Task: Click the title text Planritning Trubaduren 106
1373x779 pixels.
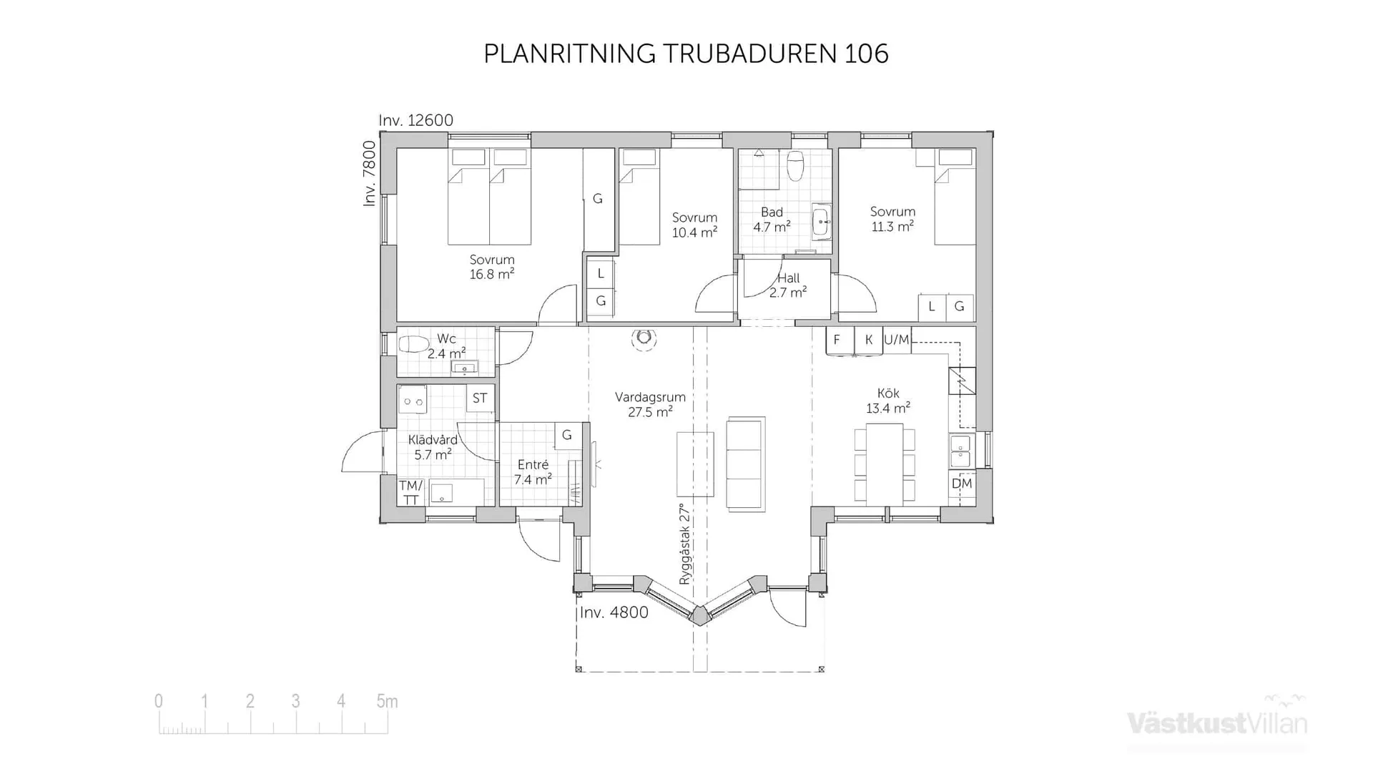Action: (x=686, y=54)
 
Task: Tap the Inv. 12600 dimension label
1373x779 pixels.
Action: (x=415, y=120)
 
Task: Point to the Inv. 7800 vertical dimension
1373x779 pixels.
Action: (x=369, y=173)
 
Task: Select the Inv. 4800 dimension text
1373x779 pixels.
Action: (x=614, y=612)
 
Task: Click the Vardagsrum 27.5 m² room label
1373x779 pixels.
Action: (x=650, y=404)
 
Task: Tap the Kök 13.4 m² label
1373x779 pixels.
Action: (x=888, y=401)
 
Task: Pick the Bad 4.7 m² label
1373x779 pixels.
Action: (x=772, y=219)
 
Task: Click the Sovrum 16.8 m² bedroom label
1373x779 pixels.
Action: (x=492, y=267)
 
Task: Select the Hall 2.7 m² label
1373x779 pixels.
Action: (x=788, y=285)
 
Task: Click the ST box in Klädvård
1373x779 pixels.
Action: (x=480, y=398)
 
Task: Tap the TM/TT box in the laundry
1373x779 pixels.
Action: (x=410, y=492)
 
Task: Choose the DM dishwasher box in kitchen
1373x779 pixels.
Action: (x=962, y=484)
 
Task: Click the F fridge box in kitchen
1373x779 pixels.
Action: (x=837, y=340)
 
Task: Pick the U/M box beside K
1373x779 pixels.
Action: (x=897, y=340)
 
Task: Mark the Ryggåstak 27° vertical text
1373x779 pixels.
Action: (x=685, y=544)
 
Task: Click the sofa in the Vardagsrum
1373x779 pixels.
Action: (x=745, y=464)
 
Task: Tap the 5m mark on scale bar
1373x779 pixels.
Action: (x=387, y=702)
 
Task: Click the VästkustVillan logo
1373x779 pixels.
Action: (x=1217, y=722)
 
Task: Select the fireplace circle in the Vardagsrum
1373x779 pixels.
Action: (x=644, y=337)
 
